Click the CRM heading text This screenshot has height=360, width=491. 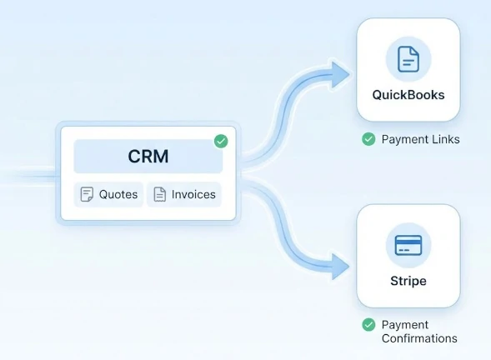click(148, 157)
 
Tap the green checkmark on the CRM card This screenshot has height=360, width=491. click(221, 141)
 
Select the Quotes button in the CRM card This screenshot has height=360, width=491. click(108, 194)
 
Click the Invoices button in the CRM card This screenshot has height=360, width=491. click(184, 194)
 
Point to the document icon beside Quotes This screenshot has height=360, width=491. click(87, 194)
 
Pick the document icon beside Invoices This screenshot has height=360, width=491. click(160, 194)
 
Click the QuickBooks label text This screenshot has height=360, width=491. click(408, 95)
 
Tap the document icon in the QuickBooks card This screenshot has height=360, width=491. click(408, 59)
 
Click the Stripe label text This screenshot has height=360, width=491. click(408, 281)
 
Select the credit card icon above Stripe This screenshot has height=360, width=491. click(408, 245)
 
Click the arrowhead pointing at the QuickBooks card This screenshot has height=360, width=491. click(339, 75)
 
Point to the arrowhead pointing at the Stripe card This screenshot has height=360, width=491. click(339, 267)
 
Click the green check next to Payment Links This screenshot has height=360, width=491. click(368, 139)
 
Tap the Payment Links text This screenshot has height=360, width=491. click(420, 139)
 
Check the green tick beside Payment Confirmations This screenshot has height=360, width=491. click(368, 325)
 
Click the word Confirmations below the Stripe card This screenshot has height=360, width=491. click(419, 338)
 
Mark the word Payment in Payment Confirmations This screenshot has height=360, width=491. click(405, 325)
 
